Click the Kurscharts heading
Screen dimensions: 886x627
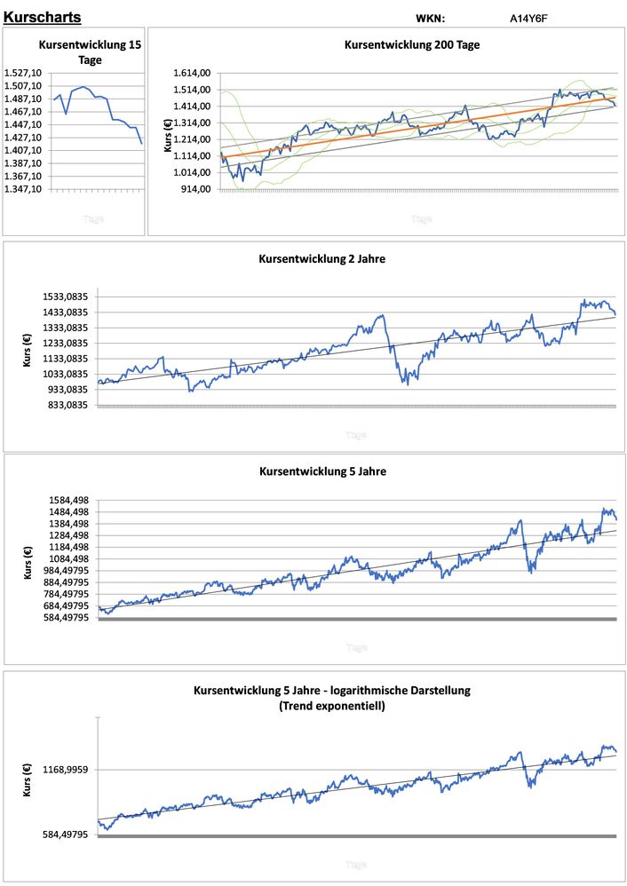pos(42,17)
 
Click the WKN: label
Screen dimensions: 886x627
pos(430,18)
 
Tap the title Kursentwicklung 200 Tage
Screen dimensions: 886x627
pos(411,44)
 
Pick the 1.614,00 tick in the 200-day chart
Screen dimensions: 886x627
pos(192,73)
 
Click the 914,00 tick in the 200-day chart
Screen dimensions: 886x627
pos(196,189)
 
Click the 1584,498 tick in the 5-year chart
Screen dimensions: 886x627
pos(68,500)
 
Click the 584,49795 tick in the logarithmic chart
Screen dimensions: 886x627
pos(66,835)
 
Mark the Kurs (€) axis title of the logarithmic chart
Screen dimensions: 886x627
pos(28,779)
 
